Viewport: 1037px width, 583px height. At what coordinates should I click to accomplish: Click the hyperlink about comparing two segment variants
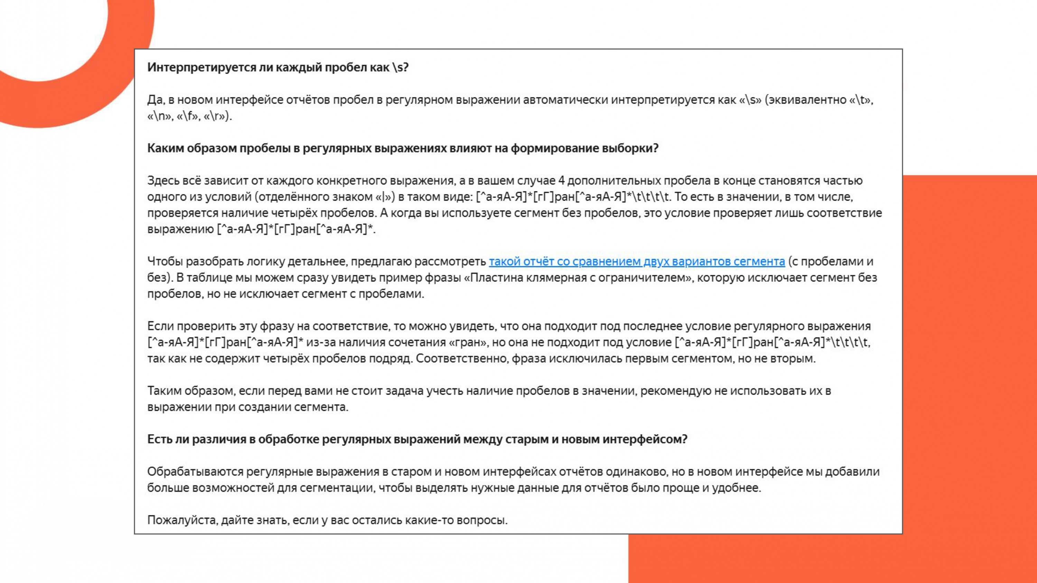636,261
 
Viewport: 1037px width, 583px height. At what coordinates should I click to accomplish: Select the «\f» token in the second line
188,116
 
